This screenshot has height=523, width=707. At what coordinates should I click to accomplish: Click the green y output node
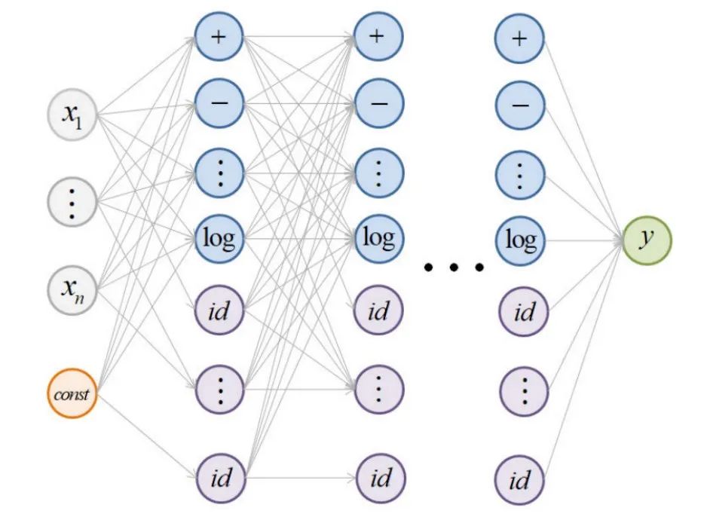click(x=646, y=240)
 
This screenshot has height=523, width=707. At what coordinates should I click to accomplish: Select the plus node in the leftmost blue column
click(x=219, y=37)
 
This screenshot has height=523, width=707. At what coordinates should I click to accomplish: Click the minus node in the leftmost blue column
click(x=219, y=106)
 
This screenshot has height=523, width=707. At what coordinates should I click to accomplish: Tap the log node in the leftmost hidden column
click(x=219, y=240)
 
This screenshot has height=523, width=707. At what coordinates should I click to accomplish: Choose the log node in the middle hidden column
click(x=379, y=240)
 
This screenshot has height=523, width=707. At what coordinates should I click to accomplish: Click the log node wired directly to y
click(x=520, y=240)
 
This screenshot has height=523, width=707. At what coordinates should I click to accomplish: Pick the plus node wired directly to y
click(x=520, y=37)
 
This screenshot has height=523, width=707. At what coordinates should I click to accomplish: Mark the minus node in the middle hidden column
click(x=379, y=106)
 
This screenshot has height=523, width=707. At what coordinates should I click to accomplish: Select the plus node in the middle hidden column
click(x=379, y=37)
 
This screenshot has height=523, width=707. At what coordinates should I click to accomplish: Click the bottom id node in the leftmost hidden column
click(x=219, y=478)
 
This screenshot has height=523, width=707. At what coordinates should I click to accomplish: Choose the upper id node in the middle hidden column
click(x=379, y=310)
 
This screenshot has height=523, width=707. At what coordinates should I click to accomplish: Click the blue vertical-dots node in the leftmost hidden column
click(x=219, y=173)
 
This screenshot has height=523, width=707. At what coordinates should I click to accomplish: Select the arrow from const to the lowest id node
click(x=147, y=436)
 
